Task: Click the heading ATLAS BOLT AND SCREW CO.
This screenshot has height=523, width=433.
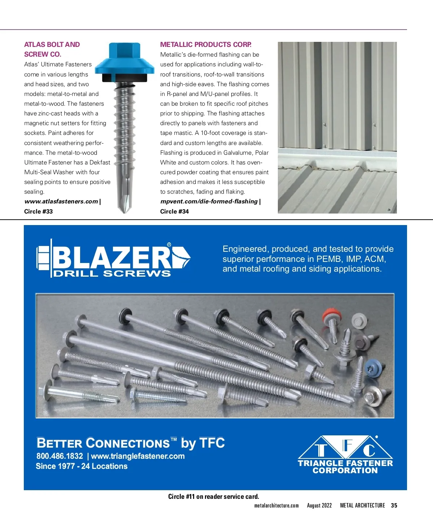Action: click(52, 49)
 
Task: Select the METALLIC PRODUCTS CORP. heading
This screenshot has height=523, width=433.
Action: click(206, 45)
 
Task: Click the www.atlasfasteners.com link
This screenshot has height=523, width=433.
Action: click(61, 202)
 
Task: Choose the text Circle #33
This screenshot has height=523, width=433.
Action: click(38, 212)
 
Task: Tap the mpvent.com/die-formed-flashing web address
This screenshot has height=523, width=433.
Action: click(209, 202)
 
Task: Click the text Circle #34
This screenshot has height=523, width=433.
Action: click(174, 212)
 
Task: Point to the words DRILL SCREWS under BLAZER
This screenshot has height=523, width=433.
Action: click(112, 274)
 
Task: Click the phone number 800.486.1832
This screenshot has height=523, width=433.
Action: click(60, 456)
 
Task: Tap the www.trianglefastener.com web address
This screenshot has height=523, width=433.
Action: click(138, 456)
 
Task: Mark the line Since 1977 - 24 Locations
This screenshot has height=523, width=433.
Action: click(82, 466)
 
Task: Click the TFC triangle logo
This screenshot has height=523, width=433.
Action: click(345, 447)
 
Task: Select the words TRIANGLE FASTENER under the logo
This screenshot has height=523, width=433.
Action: click(345, 463)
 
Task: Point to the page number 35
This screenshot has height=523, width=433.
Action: click(394, 506)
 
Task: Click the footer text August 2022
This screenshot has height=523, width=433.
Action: click(319, 506)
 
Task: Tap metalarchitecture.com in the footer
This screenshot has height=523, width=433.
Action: click(276, 506)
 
